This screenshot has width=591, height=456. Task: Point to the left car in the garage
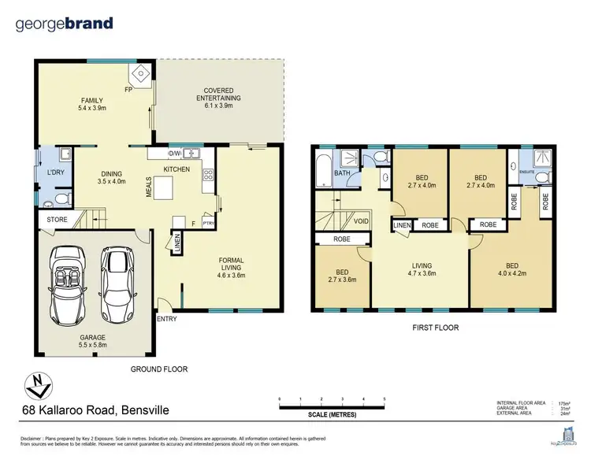click(x=72, y=279)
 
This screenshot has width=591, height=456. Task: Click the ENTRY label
click(x=168, y=318)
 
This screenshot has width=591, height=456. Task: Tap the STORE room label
click(x=57, y=219)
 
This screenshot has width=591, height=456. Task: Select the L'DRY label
click(x=55, y=172)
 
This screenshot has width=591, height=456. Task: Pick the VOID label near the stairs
click(x=360, y=221)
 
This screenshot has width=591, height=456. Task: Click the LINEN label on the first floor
click(x=401, y=225)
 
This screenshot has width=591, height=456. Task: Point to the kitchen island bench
click(x=162, y=189)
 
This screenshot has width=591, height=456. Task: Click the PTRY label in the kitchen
click(x=208, y=223)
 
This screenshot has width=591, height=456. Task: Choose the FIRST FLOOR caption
click(x=434, y=327)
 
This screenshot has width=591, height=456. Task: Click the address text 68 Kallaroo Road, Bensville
click(x=94, y=410)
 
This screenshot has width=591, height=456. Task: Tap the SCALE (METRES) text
click(x=331, y=414)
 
